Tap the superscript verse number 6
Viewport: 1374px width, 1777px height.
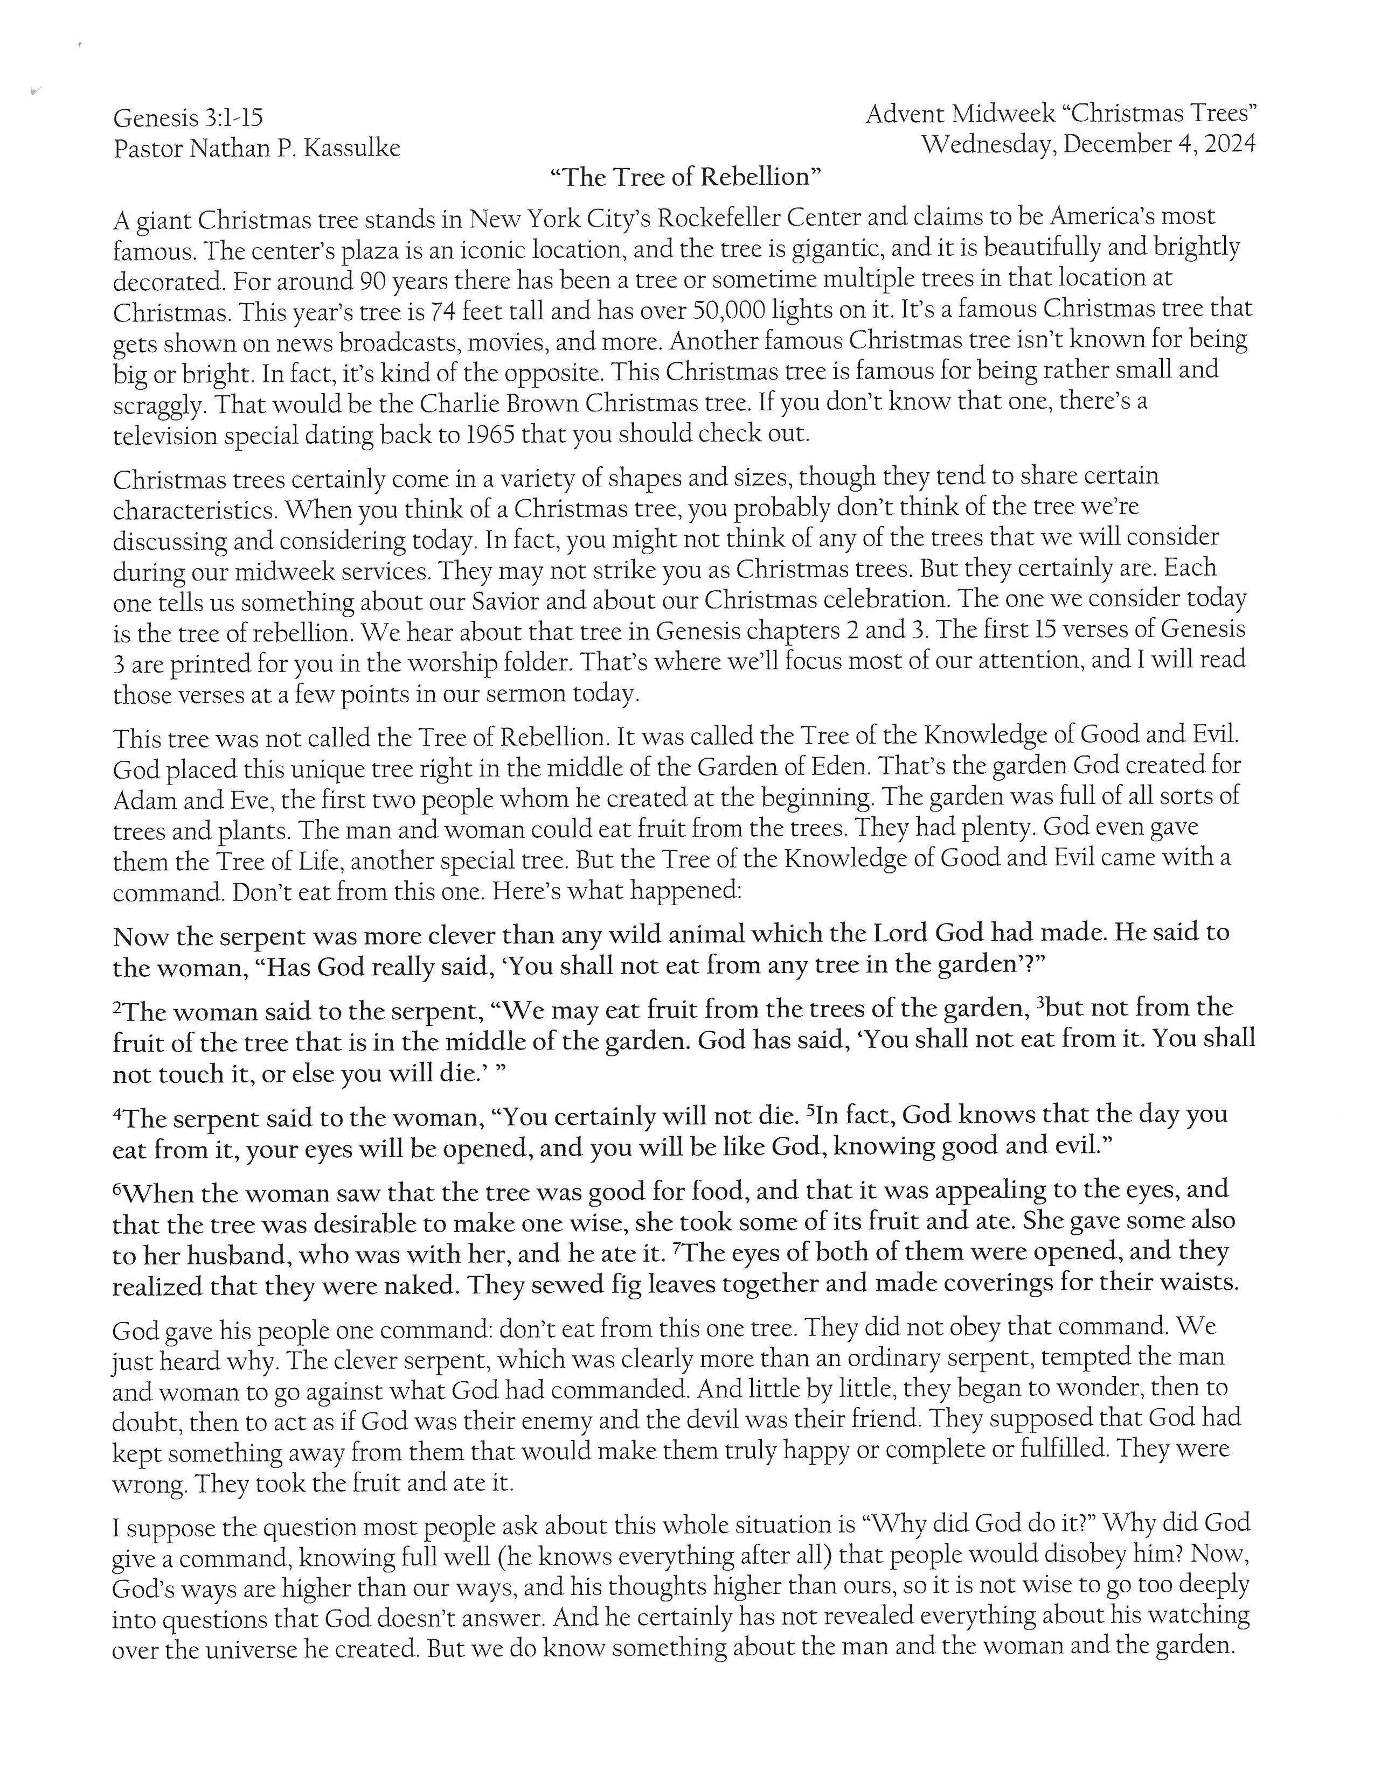[x=116, y=1189]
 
